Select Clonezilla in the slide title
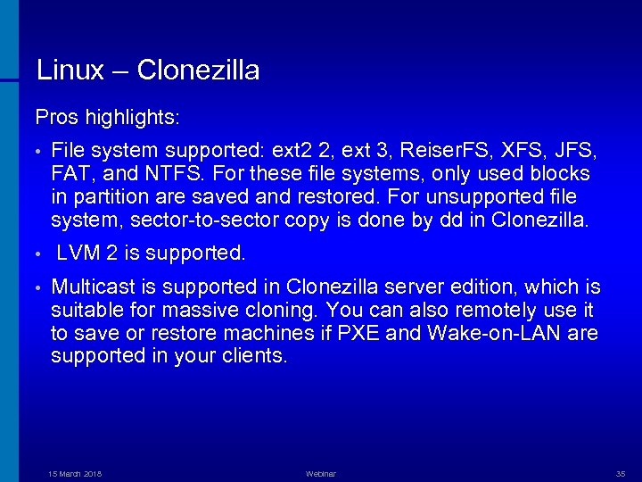click(x=199, y=70)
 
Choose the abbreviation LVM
click(x=78, y=253)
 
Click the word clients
click(x=258, y=357)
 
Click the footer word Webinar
click(x=320, y=473)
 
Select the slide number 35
click(x=621, y=473)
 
